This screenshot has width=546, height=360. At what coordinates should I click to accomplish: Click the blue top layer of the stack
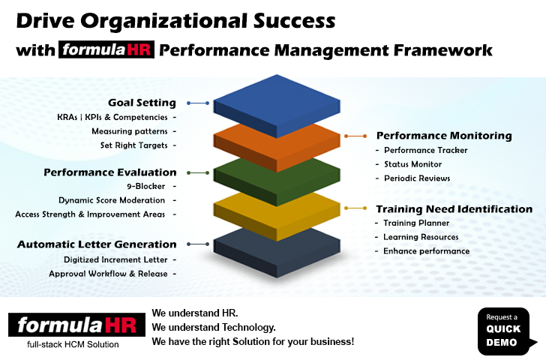[x=277, y=104]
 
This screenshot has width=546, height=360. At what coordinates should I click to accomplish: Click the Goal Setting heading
[x=142, y=103]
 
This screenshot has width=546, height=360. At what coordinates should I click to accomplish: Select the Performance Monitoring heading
[x=444, y=136]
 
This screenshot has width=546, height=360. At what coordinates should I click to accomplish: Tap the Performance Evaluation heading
[x=110, y=172]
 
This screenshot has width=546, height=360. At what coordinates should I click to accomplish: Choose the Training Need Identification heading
[x=454, y=209]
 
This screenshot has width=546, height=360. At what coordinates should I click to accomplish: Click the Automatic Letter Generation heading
[x=97, y=244]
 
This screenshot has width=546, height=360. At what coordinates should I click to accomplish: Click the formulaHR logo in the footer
[x=77, y=325]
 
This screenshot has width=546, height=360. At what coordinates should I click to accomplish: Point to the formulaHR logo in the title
[x=106, y=49]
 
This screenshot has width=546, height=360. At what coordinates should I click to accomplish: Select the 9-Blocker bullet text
[x=146, y=186]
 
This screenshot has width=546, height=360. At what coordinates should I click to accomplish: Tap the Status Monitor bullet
[x=413, y=164]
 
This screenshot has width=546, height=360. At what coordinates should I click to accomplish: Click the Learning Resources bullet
[x=421, y=237]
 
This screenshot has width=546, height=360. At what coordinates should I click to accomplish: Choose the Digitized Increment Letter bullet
[x=115, y=259]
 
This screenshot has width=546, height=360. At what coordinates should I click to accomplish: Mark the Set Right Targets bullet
[x=134, y=145]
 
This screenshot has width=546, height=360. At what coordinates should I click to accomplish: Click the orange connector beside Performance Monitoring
[x=355, y=136]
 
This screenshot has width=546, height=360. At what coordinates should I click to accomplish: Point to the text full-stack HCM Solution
[x=73, y=345]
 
